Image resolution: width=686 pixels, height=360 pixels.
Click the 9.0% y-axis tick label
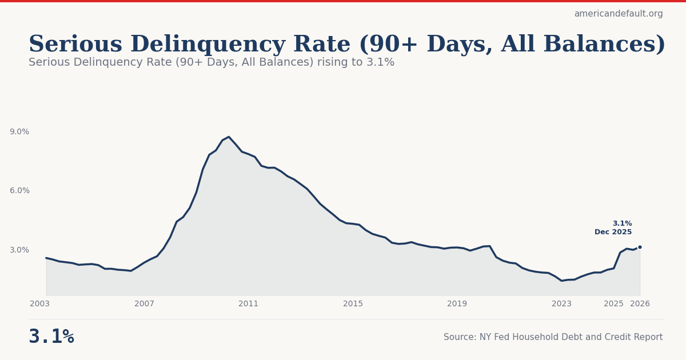pos(19,132)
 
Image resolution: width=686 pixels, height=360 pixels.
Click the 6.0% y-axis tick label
pos(19,191)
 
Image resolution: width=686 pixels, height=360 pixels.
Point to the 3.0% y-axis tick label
pos(19,250)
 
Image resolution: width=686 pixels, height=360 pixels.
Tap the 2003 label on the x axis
pos(40,304)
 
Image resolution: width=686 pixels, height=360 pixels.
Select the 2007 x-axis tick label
pos(144,304)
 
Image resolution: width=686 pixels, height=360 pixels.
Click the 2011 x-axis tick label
pos(249,304)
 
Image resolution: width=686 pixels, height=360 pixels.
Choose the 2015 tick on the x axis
pos(353,304)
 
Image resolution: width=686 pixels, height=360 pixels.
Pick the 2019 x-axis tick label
pos(457,304)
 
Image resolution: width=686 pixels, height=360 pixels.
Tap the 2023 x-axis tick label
pos(561,304)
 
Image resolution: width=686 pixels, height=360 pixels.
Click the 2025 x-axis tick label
pos(613,304)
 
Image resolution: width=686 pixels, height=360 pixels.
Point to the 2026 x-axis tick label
pos(640,304)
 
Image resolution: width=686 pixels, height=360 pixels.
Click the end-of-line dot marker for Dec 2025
pos(640,247)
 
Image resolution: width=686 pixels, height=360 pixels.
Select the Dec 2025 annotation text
pos(613,233)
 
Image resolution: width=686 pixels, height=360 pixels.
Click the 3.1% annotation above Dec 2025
pos(622,224)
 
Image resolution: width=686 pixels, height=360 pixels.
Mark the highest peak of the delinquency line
pos(229,137)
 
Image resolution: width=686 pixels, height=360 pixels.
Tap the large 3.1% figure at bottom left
pos(51,337)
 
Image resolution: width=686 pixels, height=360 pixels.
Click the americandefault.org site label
pos(619,14)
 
